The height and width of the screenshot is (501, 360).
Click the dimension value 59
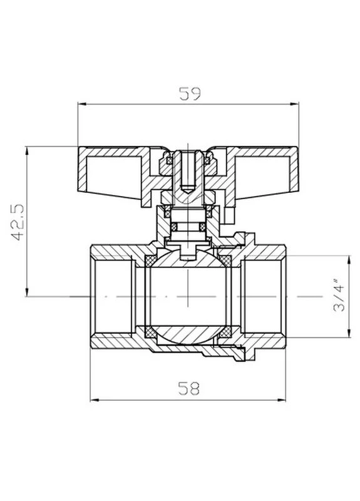(x=190, y=93)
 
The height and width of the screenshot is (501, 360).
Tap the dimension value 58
(x=188, y=388)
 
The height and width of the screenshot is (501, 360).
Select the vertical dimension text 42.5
(x=18, y=222)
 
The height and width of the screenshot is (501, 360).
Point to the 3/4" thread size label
(x=339, y=295)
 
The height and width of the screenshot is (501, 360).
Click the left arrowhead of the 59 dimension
(x=82, y=104)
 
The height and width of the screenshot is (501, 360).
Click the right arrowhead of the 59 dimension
(x=294, y=104)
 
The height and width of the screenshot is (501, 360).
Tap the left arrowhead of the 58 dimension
(x=95, y=400)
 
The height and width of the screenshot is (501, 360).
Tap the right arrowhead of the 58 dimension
(x=281, y=400)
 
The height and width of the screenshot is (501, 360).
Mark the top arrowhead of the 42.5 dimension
(x=27, y=151)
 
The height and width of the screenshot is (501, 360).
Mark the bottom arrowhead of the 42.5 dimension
(x=27, y=292)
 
